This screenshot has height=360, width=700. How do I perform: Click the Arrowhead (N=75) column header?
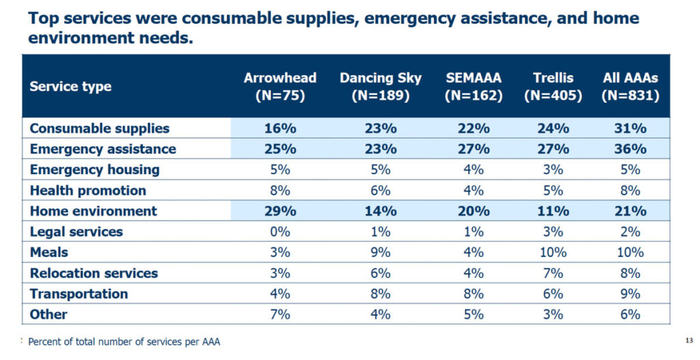280,86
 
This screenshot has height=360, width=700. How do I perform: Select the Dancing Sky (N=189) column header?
381,86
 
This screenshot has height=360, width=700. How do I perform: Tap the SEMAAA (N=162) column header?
473,86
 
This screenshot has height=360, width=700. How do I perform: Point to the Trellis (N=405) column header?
553,86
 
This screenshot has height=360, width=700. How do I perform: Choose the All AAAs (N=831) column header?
630,86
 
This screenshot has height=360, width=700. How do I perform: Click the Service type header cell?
70,87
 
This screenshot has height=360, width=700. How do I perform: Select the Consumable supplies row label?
99,128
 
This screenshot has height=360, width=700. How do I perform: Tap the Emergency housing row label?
94,169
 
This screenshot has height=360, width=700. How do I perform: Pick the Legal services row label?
76,232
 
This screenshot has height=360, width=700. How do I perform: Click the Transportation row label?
79,294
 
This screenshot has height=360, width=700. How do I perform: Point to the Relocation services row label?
94,273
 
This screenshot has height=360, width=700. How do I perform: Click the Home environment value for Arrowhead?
280,211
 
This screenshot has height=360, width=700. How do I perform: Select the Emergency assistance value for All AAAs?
630,149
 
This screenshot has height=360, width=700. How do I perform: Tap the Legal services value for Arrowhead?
280,232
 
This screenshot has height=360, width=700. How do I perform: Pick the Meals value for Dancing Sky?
381,252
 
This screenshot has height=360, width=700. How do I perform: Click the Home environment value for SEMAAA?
473,211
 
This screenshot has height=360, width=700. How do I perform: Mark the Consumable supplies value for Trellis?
553,128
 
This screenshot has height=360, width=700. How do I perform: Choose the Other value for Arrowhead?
280,314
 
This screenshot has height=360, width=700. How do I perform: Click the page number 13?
688,340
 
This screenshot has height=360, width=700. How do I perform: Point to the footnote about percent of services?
124,342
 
